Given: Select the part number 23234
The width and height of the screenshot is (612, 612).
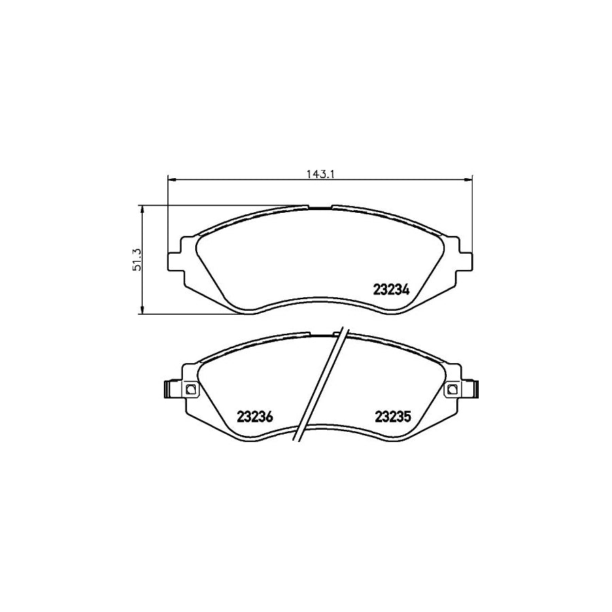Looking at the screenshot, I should [390, 289].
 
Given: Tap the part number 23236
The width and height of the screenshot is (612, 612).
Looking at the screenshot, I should [254, 418].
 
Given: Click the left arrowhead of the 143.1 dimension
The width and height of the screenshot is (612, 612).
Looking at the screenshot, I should [171, 180].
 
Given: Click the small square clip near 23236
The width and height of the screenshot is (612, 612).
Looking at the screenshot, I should [190, 389].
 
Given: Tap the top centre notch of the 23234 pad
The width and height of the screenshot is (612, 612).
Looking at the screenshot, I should [320, 207].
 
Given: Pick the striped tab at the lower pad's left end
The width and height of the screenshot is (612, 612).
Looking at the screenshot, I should [167, 389].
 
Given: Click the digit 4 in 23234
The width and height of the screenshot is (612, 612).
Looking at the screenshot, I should [406, 289].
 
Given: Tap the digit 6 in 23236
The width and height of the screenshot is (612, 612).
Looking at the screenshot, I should [269, 418].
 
